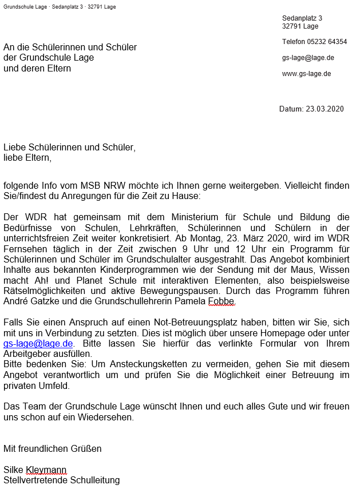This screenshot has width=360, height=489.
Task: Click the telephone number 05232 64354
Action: pyautogui.click(x=327, y=42)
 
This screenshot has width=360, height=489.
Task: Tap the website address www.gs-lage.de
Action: pyautogui.click(x=306, y=74)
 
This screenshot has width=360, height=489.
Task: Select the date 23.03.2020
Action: pyautogui.click(x=325, y=109)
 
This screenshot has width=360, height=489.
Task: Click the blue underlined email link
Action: pyautogui.click(x=38, y=343)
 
